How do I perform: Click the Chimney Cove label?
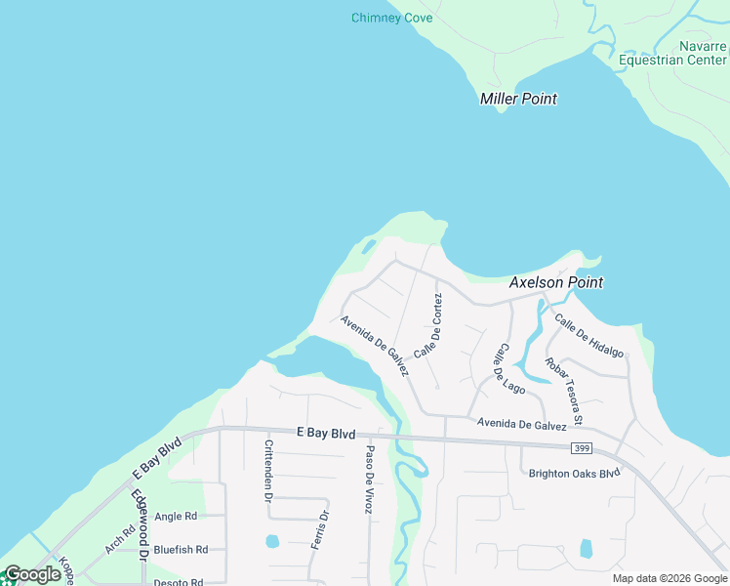(391, 18)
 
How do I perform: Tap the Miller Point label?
(518, 99)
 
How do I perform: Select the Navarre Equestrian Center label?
(672, 53)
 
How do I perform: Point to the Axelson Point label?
(556, 282)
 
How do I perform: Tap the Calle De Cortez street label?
(428, 325)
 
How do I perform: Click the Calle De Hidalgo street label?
(588, 336)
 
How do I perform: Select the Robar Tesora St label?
(565, 392)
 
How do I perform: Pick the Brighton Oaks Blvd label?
(575, 474)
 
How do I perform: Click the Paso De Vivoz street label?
(370, 479)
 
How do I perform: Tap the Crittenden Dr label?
(268, 471)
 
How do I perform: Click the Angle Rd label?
(176, 516)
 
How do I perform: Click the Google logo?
(31, 574)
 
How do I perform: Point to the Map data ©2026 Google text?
(669, 578)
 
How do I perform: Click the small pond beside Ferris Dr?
(272, 541)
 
